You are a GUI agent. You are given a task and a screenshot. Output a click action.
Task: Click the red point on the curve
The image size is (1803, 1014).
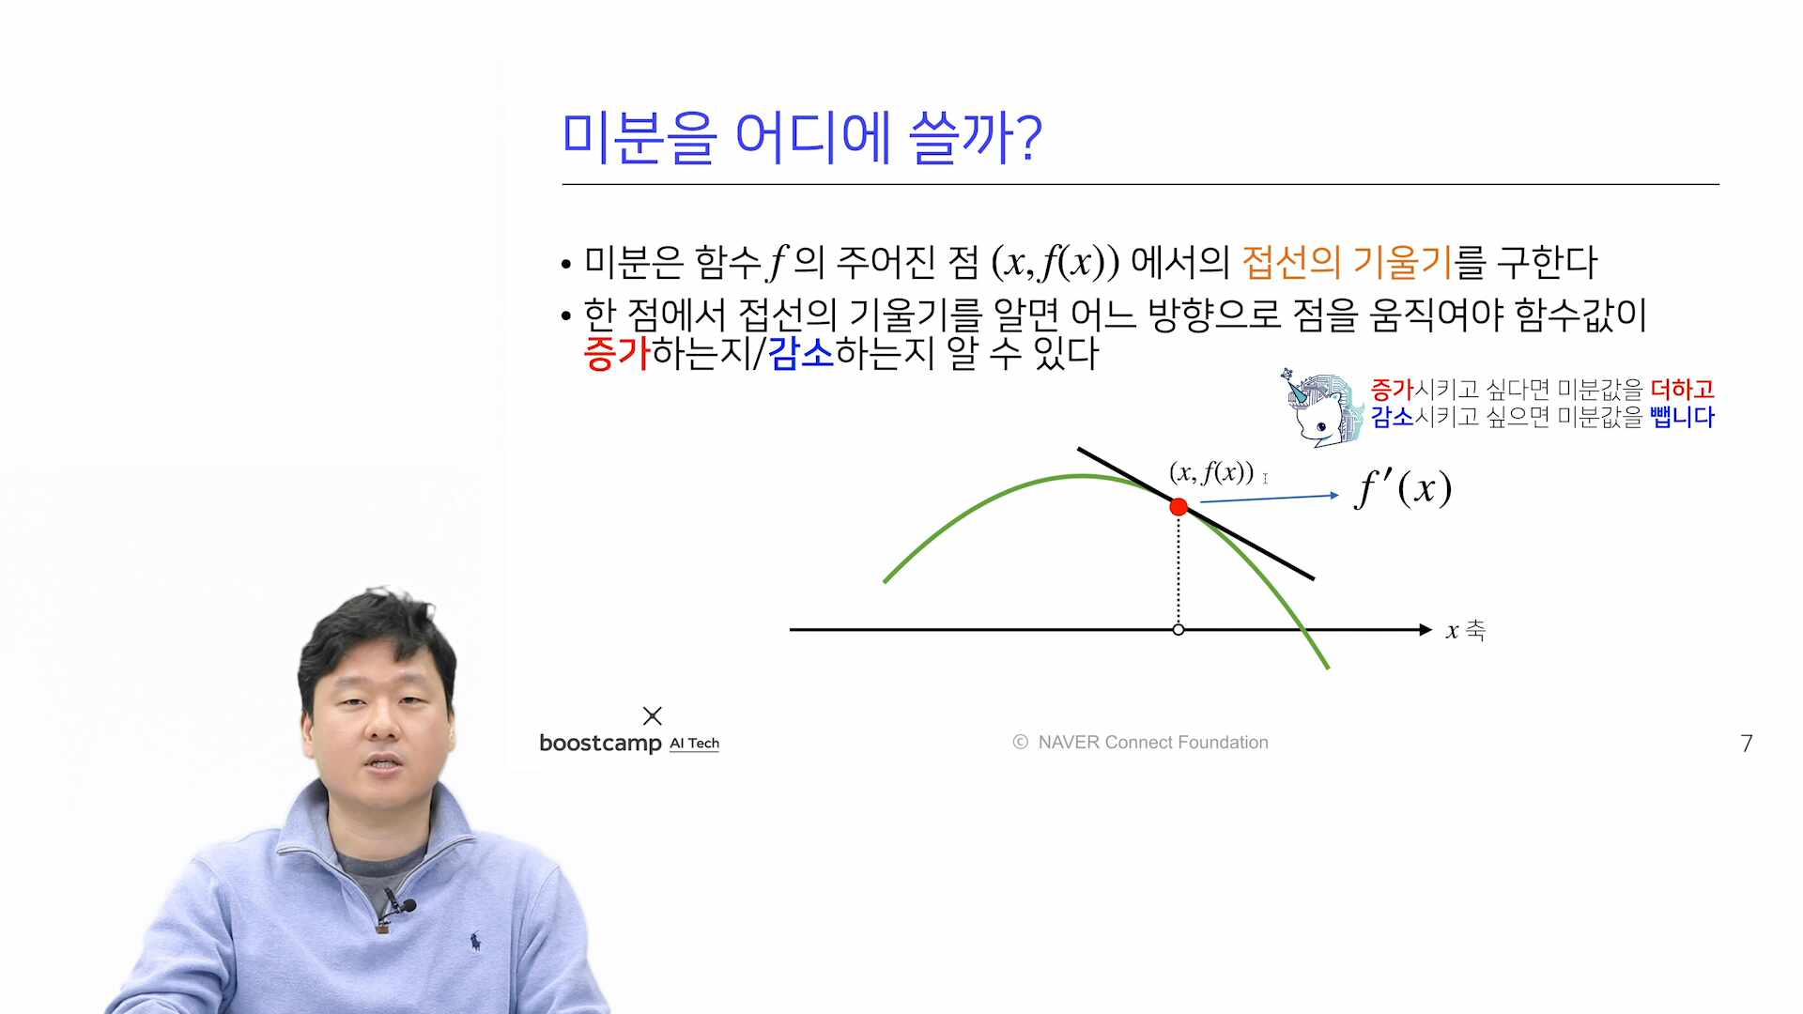[x=1179, y=507]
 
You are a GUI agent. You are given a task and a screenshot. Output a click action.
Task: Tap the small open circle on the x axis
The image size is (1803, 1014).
[x=1179, y=630]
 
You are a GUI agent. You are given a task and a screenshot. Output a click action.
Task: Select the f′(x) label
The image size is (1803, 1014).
[x=1403, y=488]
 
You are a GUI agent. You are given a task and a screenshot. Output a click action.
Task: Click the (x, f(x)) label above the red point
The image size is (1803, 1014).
[x=1211, y=472]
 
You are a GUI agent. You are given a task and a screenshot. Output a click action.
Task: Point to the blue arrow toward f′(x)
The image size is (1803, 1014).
[x=1270, y=499]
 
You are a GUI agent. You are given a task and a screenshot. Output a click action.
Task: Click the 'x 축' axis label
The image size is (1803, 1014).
[x=1465, y=630]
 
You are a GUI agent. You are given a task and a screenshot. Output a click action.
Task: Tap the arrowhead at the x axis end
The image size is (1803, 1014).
[x=1425, y=630]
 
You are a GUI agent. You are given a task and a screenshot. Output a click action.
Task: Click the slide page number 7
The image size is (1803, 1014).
[x=1747, y=744]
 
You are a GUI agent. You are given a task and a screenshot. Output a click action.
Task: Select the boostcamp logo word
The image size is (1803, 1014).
[x=600, y=744]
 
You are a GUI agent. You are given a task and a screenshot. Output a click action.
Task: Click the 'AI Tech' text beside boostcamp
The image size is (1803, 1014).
[x=694, y=744]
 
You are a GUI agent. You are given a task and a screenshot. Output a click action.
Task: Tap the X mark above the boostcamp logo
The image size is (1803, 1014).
[x=653, y=716]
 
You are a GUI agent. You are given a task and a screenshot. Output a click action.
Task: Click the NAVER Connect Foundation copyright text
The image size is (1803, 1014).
[x=1140, y=743]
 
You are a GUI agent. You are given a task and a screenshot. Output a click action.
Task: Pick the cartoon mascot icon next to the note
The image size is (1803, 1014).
[x=1320, y=407]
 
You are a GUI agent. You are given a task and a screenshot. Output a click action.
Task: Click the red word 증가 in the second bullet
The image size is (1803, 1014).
[x=616, y=354]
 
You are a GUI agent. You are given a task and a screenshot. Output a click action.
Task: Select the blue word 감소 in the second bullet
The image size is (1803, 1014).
[x=800, y=354]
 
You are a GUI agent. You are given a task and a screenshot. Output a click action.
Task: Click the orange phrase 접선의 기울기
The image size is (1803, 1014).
[x=1347, y=263]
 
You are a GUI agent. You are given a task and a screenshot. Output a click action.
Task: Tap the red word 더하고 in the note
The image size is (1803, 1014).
[x=1682, y=389]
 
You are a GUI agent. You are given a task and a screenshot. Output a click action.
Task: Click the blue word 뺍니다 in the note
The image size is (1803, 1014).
[x=1682, y=417]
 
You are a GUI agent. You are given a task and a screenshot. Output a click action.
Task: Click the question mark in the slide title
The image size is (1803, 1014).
[x=1030, y=138]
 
